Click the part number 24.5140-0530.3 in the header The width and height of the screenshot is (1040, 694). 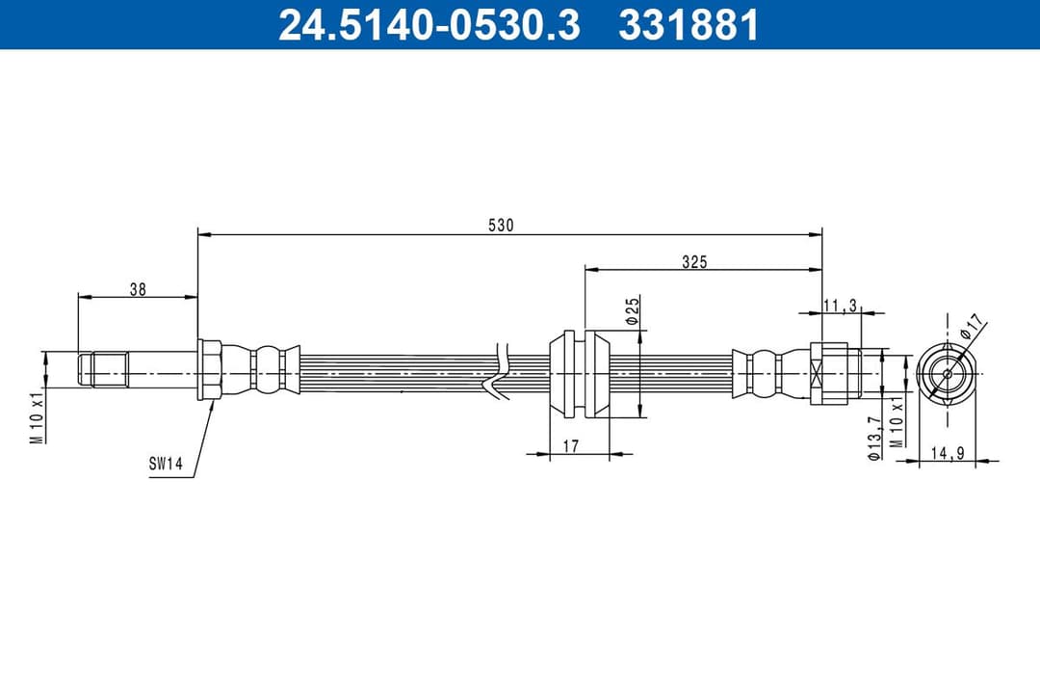(429, 25)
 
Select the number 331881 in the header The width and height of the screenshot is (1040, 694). (689, 25)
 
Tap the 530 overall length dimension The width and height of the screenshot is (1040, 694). (501, 226)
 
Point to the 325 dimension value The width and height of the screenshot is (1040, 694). (693, 262)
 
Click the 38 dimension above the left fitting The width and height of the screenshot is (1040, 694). (138, 288)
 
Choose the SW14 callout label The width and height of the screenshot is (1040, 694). (166, 464)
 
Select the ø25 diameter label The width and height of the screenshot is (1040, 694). (633, 310)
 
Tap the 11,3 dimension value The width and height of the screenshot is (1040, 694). (840, 306)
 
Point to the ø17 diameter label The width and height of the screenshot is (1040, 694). (974, 326)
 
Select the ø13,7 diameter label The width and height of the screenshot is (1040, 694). (873, 439)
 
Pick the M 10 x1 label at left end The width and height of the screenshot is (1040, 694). (36, 416)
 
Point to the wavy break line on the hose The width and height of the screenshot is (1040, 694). (499, 371)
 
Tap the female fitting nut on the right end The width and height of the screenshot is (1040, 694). (829, 373)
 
